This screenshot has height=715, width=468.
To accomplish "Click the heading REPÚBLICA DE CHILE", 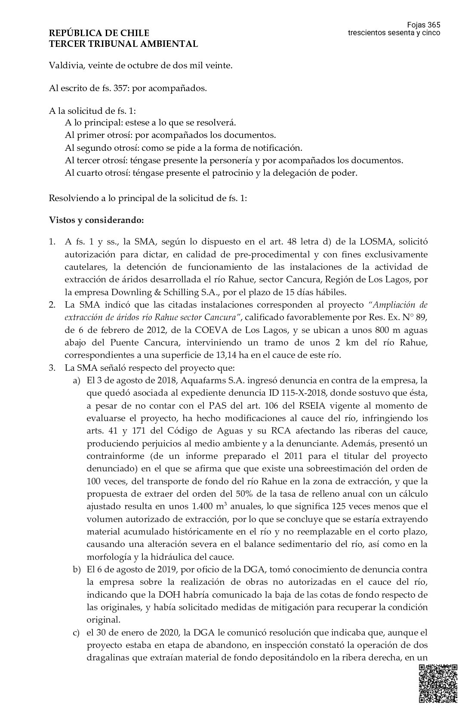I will click(99, 33).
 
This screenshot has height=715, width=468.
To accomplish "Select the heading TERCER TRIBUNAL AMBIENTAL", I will click(123, 44).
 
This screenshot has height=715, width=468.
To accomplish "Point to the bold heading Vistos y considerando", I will click(96, 221).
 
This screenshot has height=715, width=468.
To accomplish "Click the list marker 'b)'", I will click(77, 570).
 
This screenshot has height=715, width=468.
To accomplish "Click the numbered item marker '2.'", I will click(52, 305).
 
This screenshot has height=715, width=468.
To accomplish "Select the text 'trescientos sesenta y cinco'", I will click(394, 33).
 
